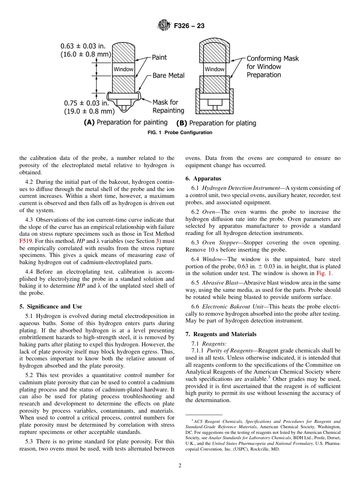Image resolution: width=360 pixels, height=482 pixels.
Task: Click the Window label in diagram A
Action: (124, 69)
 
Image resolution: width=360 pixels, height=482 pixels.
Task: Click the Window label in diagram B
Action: (214, 69)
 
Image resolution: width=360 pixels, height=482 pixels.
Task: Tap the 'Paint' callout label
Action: (159, 57)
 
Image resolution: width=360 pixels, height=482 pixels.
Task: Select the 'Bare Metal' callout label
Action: (168, 75)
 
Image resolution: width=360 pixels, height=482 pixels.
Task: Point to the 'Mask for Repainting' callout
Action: (168, 106)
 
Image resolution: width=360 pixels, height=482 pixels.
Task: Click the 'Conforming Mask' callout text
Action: (272, 59)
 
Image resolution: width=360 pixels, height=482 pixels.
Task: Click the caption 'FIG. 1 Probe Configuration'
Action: (180, 133)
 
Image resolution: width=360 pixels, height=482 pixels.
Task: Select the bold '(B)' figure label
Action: (182, 123)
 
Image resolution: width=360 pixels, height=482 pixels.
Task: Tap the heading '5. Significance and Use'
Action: (50, 307)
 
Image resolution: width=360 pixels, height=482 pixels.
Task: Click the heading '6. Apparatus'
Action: (203, 178)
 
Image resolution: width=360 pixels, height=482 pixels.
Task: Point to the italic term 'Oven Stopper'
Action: (218, 243)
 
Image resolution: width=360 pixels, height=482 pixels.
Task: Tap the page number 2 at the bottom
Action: (180, 466)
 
